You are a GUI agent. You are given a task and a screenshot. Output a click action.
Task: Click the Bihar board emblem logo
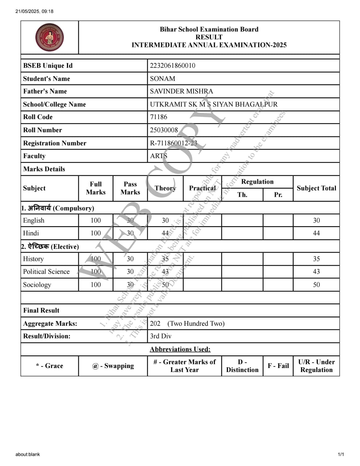pyautogui.click(x=50, y=38)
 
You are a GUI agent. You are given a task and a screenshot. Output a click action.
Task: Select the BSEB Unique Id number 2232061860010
pyautogui.click(x=173, y=66)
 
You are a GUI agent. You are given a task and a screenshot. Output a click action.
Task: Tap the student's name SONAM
pyautogui.click(x=162, y=79)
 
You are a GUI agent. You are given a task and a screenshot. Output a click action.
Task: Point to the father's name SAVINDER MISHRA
pyautogui.click(x=181, y=91)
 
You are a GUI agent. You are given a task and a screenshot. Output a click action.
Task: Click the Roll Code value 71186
pyautogui.click(x=158, y=117)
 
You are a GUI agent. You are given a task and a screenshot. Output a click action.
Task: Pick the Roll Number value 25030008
pyautogui.click(x=164, y=130)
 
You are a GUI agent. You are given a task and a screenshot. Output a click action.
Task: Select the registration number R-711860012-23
pyautogui.click(x=173, y=143)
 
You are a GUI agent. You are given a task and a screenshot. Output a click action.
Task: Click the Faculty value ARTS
pyautogui.click(x=158, y=156)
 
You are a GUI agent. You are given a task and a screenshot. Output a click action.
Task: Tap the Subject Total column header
pyautogui.click(x=316, y=188)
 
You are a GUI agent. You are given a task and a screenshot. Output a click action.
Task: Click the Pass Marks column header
pyautogui.click(x=130, y=188)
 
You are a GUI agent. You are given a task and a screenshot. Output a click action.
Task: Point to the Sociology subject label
pyautogui.click(x=37, y=285)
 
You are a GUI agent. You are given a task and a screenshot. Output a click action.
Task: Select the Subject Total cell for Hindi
pyautogui.click(x=316, y=233)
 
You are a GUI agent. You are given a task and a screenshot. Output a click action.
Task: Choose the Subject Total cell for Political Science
pyautogui.click(x=316, y=272)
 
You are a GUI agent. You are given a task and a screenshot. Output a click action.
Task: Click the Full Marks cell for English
pyautogui.click(x=95, y=220)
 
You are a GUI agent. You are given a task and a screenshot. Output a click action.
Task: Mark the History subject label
pyautogui.click(x=33, y=259)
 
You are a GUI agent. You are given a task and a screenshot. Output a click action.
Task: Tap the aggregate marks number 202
pyautogui.click(x=155, y=324)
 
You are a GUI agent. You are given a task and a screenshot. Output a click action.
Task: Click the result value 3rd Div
pyautogui.click(x=161, y=336)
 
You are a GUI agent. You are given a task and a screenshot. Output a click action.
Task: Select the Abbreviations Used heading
pyautogui.click(x=180, y=349)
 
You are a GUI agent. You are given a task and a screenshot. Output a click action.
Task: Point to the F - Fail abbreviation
pyautogui.click(x=278, y=366)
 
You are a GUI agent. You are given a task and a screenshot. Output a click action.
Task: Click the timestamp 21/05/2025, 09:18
pyautogui.click(x=34, y=11)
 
